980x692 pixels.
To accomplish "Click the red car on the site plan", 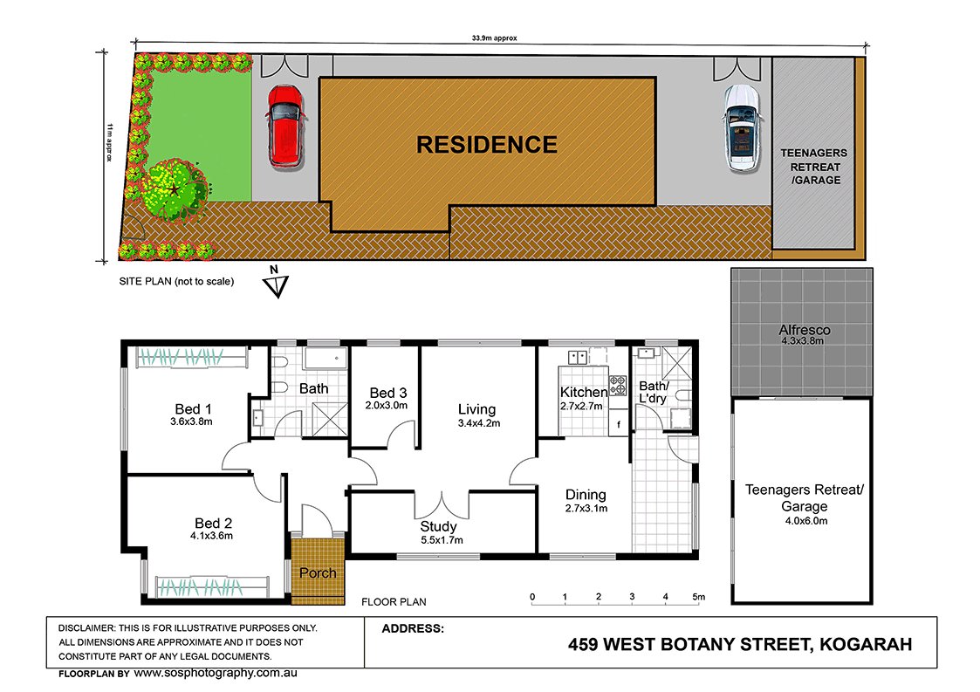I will click(x=285, y=126).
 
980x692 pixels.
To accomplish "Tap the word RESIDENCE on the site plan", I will click(x=486, y=145).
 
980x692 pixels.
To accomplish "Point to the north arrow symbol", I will click(x=276, y=285).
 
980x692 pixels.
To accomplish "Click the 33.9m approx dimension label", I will click(x=495, y=38).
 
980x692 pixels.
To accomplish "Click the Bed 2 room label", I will click(x=213, y=524).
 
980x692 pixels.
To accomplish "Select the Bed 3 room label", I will click(x=387, y=393).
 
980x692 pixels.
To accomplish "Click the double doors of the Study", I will click(x=442, y=504).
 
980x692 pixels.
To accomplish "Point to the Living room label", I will click(x=476, y=409).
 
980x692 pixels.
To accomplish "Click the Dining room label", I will click(x=586, y=494).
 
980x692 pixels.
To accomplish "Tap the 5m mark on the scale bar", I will click(x=697, y=597).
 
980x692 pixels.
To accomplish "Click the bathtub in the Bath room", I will click(x=326, y=359).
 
